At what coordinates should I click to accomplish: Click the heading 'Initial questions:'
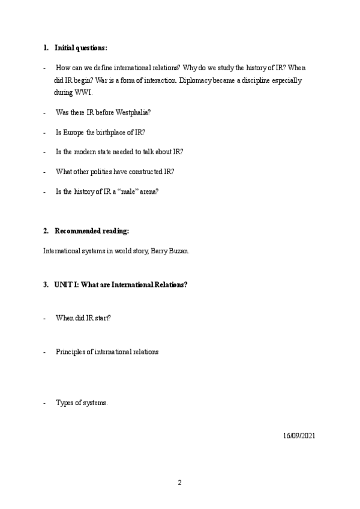click(81, 47)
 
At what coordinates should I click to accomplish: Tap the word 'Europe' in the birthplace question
click(76, 132)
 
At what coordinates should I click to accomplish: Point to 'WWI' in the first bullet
click(83, 92)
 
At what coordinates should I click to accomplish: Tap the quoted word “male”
click(121, 191)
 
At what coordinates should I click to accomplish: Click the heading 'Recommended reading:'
click(92, 230)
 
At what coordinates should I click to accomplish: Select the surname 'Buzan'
click(179, 250)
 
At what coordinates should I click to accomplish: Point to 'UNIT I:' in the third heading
click(65, 285)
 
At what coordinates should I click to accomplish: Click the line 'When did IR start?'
click(83, 318)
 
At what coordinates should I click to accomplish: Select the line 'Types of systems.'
click(82, 403)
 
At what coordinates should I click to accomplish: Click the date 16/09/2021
click(298, 435)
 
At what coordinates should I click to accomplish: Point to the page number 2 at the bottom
click(179, 483)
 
